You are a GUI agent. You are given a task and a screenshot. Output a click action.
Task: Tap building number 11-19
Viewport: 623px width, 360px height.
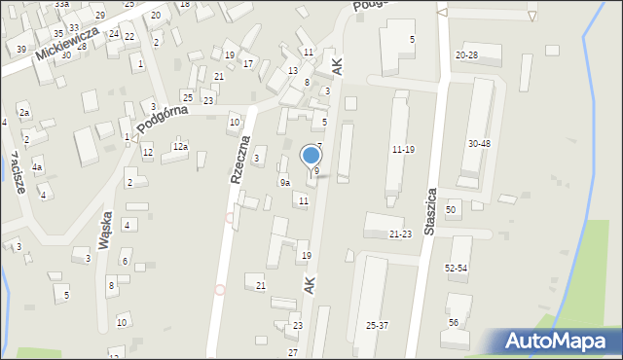pos(403,149)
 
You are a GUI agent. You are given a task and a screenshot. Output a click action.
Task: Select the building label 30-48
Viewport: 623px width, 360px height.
pos(479,143)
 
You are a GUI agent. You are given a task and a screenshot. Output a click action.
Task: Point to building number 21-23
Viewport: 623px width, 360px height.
pos(401,234)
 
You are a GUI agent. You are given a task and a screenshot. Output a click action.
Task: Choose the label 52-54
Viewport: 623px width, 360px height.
pos(456,268)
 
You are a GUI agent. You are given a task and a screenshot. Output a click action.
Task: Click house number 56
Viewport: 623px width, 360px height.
pos(454,322)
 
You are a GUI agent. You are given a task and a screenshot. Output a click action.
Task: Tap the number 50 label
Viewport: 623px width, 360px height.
pos(451,209)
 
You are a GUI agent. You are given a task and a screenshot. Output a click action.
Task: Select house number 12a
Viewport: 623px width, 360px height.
pos(180,146)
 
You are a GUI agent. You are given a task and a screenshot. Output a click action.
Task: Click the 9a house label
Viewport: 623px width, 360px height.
pos(285,182)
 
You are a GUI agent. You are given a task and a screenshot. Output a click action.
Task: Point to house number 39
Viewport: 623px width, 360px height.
pos(21,49)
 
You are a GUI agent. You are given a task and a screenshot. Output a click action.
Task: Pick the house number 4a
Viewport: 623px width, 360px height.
pos(36,167)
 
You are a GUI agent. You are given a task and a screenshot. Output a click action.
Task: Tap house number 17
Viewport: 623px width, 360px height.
pos(248,64)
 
